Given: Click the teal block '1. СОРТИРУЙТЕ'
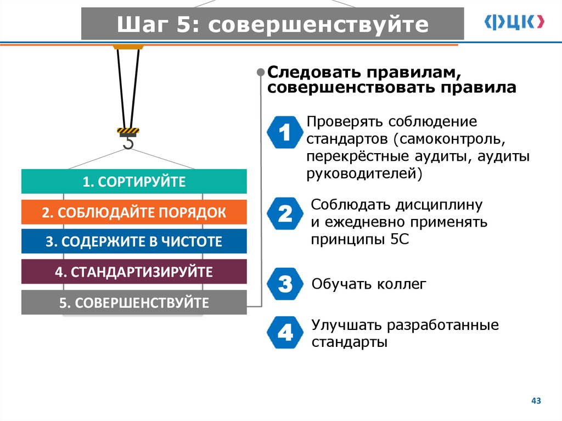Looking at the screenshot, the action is click(134, 182).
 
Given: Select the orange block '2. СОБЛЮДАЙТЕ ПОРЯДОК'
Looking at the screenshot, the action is click(134, 212).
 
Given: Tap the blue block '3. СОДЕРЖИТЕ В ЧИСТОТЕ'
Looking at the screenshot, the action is click(134, 242).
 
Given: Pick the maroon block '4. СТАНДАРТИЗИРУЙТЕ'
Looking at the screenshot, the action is click(134, 272).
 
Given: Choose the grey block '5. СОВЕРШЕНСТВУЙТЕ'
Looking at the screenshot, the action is click(134, 302).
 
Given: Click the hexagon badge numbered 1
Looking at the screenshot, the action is click(285, 133).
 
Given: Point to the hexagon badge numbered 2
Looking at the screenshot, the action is click(285, 214).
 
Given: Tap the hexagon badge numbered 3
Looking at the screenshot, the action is click(285, 284).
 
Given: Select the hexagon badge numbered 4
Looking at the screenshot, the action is click(285, 333).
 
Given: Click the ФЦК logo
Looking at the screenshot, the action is click(514, 22).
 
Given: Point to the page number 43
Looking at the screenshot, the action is click(536, 401).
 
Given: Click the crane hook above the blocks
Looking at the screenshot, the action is click(128, 140).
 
